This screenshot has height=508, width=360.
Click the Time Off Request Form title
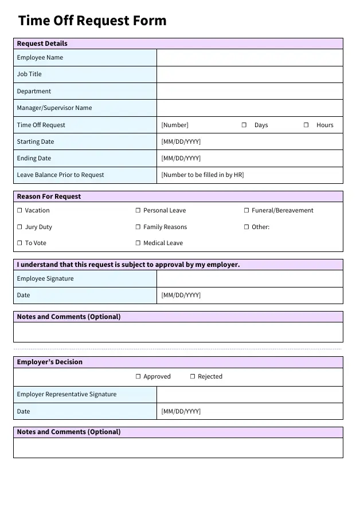(92, 21)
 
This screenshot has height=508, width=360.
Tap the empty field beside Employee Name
(249, 58)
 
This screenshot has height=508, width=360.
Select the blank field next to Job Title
(249, 74)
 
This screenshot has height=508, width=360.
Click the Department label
(34, 92)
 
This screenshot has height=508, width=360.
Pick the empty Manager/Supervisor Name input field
(249, 108)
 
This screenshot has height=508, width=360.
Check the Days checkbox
(244, 125)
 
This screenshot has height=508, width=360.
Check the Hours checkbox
(306, 125)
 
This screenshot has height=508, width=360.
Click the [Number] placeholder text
(175, 125)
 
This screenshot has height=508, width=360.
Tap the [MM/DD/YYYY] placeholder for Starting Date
(181, 142)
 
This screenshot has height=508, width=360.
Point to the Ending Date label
(34, 159)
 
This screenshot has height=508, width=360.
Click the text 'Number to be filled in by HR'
(202, 175)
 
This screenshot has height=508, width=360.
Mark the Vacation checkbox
(19, 211)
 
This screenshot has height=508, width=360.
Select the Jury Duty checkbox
(19, 227)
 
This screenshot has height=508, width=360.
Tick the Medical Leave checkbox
(138, 243)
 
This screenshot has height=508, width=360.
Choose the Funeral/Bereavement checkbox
(246, 211)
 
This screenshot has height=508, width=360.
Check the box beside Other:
(246, 227)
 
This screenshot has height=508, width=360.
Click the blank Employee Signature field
(249, 279)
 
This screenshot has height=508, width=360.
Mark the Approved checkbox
(138, 377)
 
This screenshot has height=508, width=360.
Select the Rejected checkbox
(193, 377)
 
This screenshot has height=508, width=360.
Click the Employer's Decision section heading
(50, 363)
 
